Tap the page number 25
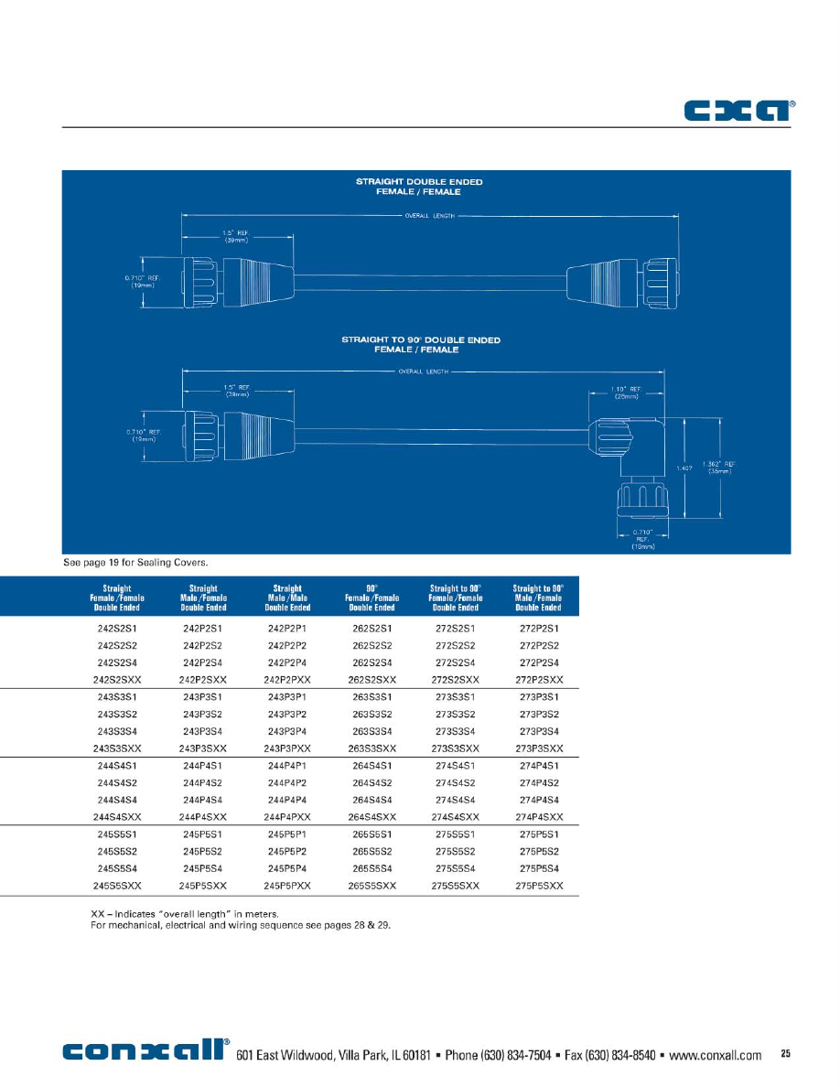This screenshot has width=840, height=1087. pos(785,1054)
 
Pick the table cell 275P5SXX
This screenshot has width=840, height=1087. pos(539,886)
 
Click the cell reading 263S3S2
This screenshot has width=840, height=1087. pos(372,714)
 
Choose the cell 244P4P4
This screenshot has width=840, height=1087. pos(287,800)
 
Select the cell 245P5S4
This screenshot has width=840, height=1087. pos(203,868)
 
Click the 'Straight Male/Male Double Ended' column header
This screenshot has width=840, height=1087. pos(287,597)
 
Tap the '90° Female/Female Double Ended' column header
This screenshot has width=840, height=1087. pos(372,597)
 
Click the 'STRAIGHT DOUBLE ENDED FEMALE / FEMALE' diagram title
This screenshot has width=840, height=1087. pos(419,187)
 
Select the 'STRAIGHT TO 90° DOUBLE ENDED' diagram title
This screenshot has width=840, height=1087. pos(421,344)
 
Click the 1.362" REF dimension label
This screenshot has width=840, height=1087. pos(719,467)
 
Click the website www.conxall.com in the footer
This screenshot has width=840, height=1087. pos(715,1055)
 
